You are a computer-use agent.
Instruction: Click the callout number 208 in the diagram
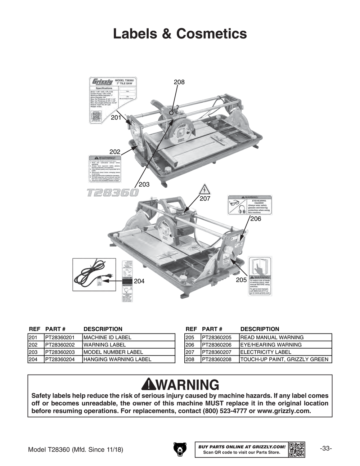coord(179,82)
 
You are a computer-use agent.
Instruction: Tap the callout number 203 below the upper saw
coord(144,184)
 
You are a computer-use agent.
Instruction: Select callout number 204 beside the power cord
coord(139,281)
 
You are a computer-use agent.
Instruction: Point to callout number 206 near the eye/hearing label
coord(256,219)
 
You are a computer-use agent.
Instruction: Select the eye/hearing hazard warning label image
coord(250,205)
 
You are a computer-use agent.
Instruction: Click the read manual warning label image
coord(260,276)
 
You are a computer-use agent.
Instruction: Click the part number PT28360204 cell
coord(63,359)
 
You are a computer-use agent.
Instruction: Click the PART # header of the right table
coord(212,329)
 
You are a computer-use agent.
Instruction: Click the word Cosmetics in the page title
coord(211,34)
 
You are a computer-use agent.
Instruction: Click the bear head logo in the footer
coord(180,449)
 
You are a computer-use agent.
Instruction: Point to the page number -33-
coord(325,448)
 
